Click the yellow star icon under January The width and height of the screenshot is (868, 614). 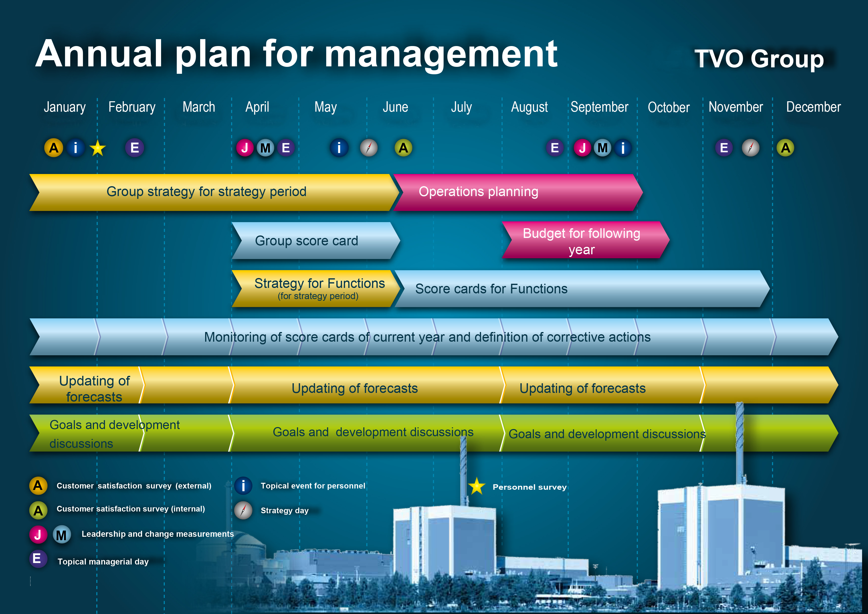click(97, 148)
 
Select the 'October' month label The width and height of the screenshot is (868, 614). click(668, 107)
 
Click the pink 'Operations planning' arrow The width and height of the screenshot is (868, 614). click(518, 192)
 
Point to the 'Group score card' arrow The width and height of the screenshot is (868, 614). click(316, 241)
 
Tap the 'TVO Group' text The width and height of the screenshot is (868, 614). click(759, 59)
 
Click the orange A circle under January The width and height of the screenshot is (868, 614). click(54, 148)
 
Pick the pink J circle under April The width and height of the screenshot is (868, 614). click(245, 148)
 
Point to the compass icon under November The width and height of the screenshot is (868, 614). click(750, 148)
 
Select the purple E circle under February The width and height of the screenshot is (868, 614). click(135, 148)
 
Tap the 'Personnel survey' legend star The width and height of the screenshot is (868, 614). click(477, 486)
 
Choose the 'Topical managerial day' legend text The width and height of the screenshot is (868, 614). click(103, 562)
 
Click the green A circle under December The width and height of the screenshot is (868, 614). click(785, 148)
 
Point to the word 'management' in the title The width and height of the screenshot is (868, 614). click(441, 55)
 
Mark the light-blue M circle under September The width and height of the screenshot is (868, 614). click(603, 148)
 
